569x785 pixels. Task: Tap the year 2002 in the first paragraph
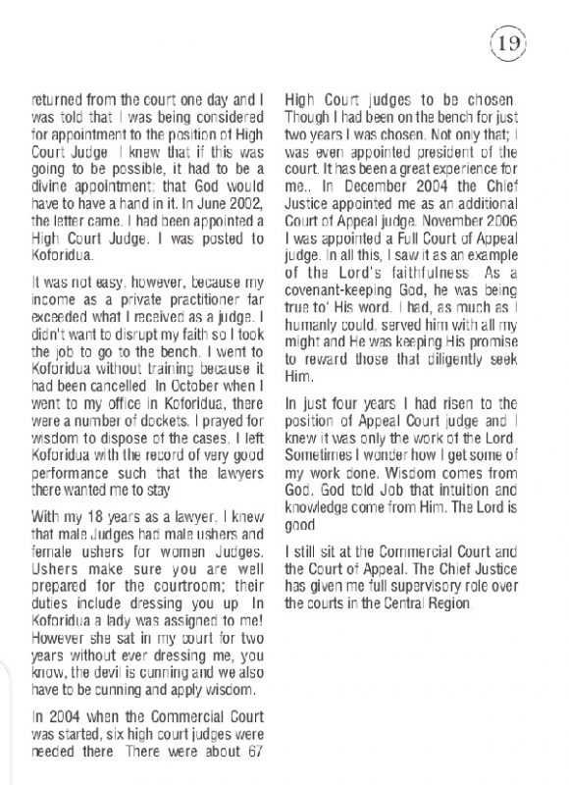248,202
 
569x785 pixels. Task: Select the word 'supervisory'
432,587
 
